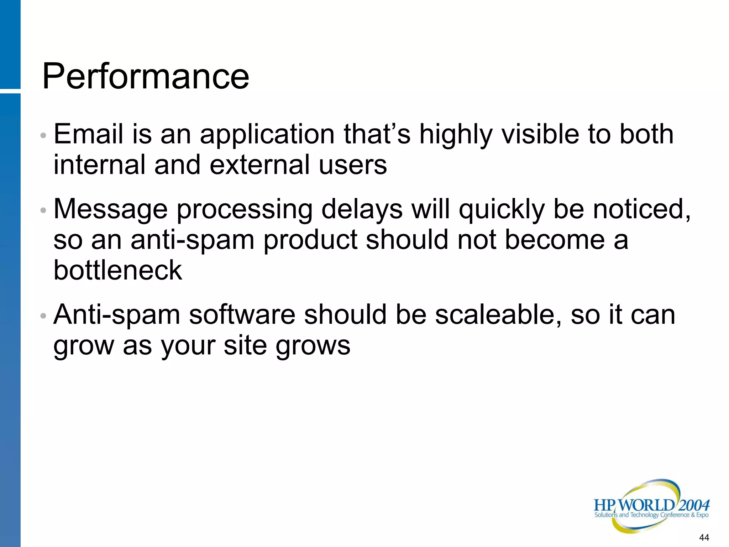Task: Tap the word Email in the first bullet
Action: tap(88, 134)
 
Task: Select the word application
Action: tap(267, 135)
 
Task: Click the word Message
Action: tap(110, 210)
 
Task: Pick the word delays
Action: tap(362, 210)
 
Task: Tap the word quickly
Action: tap(502, 210)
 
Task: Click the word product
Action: tap(310, 241)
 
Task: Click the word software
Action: tap(242, 315)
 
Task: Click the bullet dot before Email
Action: tap(43, 136)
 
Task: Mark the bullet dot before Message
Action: tap(43, 210)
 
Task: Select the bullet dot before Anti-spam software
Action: tap(43, 316)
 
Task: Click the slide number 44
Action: tap(704, 537)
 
